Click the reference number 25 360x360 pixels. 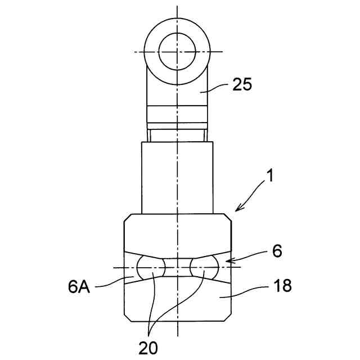[x=242, y=84]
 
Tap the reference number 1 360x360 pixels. [x=271, y=176]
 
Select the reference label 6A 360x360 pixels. [x=79, y=287]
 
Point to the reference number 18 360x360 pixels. [x=283, y=285]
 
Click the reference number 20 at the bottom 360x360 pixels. [x=148, y=348]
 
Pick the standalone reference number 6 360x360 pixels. [x=277, y=251]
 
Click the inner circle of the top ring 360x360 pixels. [x=177, y=52]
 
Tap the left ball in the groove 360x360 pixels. [x=151, y=267]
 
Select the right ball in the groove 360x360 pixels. [x=204, y=267]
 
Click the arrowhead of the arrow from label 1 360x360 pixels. [x=237, y=209]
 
